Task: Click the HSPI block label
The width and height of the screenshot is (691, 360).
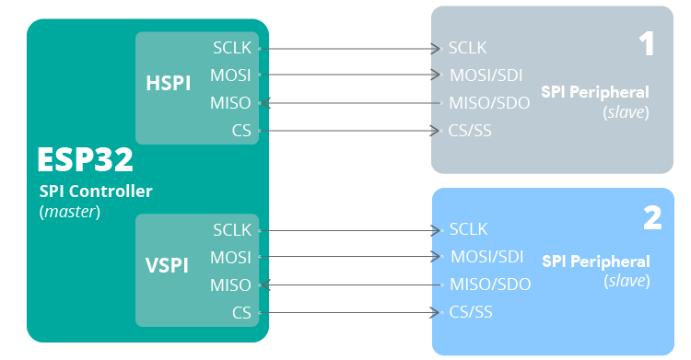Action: (168, 83)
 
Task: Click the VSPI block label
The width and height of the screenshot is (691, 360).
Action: (167, 265)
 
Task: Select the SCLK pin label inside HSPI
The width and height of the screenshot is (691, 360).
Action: (231, 46)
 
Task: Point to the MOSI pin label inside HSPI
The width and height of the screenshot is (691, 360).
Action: (230, 74)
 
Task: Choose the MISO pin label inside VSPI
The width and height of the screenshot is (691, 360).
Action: (230, 285)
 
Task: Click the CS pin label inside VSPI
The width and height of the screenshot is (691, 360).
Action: (241, 313)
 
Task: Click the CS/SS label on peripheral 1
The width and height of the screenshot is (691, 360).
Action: (470, 131)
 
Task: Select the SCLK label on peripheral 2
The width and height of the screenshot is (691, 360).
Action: (468, 228)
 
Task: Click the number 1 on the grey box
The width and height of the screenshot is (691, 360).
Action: (647, 43)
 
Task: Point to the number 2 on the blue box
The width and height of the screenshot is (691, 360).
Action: (651, 218)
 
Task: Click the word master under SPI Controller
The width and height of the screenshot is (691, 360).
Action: (70, 212)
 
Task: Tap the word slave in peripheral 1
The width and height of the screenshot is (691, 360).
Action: (627, 111)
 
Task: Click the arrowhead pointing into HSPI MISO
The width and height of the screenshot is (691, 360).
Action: (267, 102)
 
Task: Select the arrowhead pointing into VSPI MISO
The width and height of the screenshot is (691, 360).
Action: (267, 285)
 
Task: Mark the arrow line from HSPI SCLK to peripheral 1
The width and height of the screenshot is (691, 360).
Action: (350, 47)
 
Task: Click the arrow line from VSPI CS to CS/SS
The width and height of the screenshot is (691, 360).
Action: (350, 313)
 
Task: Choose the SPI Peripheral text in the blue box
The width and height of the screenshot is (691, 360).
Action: (595, 261)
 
